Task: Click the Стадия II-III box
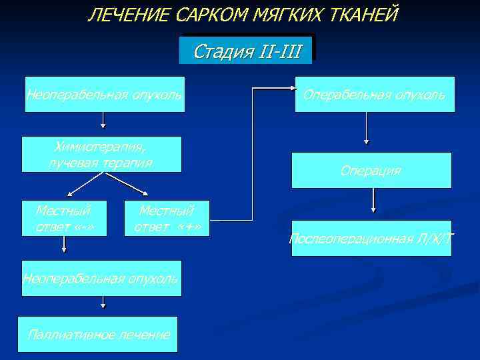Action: [246, 51]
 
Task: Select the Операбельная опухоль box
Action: [375, 94]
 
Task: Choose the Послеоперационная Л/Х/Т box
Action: [371, 238]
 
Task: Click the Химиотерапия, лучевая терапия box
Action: [101, 155]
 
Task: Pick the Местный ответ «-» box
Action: [63, 219]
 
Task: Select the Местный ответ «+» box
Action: [167, 219]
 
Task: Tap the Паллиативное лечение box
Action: [99, 334]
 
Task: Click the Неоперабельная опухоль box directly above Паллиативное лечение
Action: [101, 277]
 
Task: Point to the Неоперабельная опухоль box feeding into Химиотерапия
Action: [103, 94]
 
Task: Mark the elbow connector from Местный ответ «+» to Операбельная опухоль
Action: [252, 153]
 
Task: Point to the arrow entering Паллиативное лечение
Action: [103, 302]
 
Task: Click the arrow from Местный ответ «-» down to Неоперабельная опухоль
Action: [64, 245]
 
